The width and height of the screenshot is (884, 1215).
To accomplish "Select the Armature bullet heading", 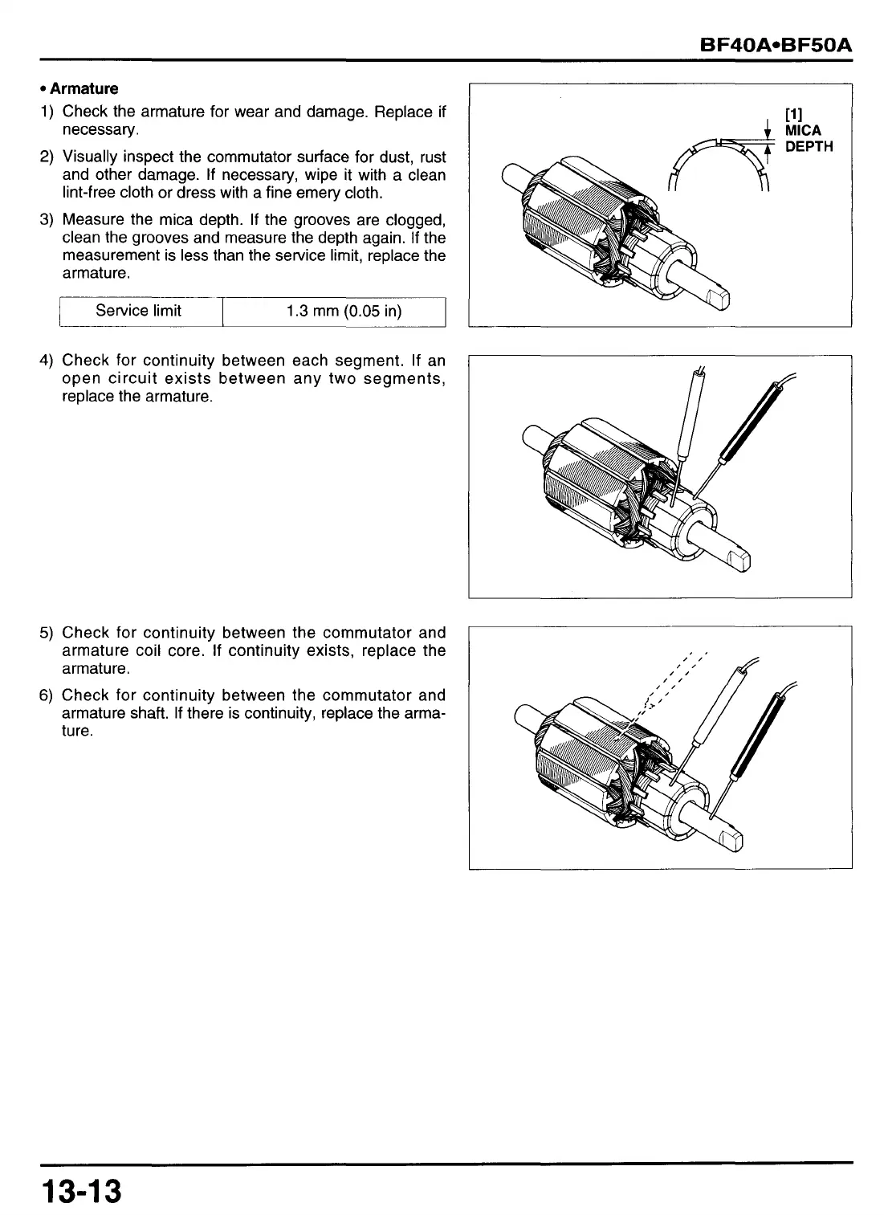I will click(84, 88).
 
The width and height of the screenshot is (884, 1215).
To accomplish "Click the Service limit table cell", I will click(138, 311).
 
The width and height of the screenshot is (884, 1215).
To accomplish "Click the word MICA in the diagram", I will click(803, 130).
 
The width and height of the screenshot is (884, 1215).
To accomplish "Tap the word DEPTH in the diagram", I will click(809, 146).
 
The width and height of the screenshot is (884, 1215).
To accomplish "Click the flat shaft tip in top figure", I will click(720, 298).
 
